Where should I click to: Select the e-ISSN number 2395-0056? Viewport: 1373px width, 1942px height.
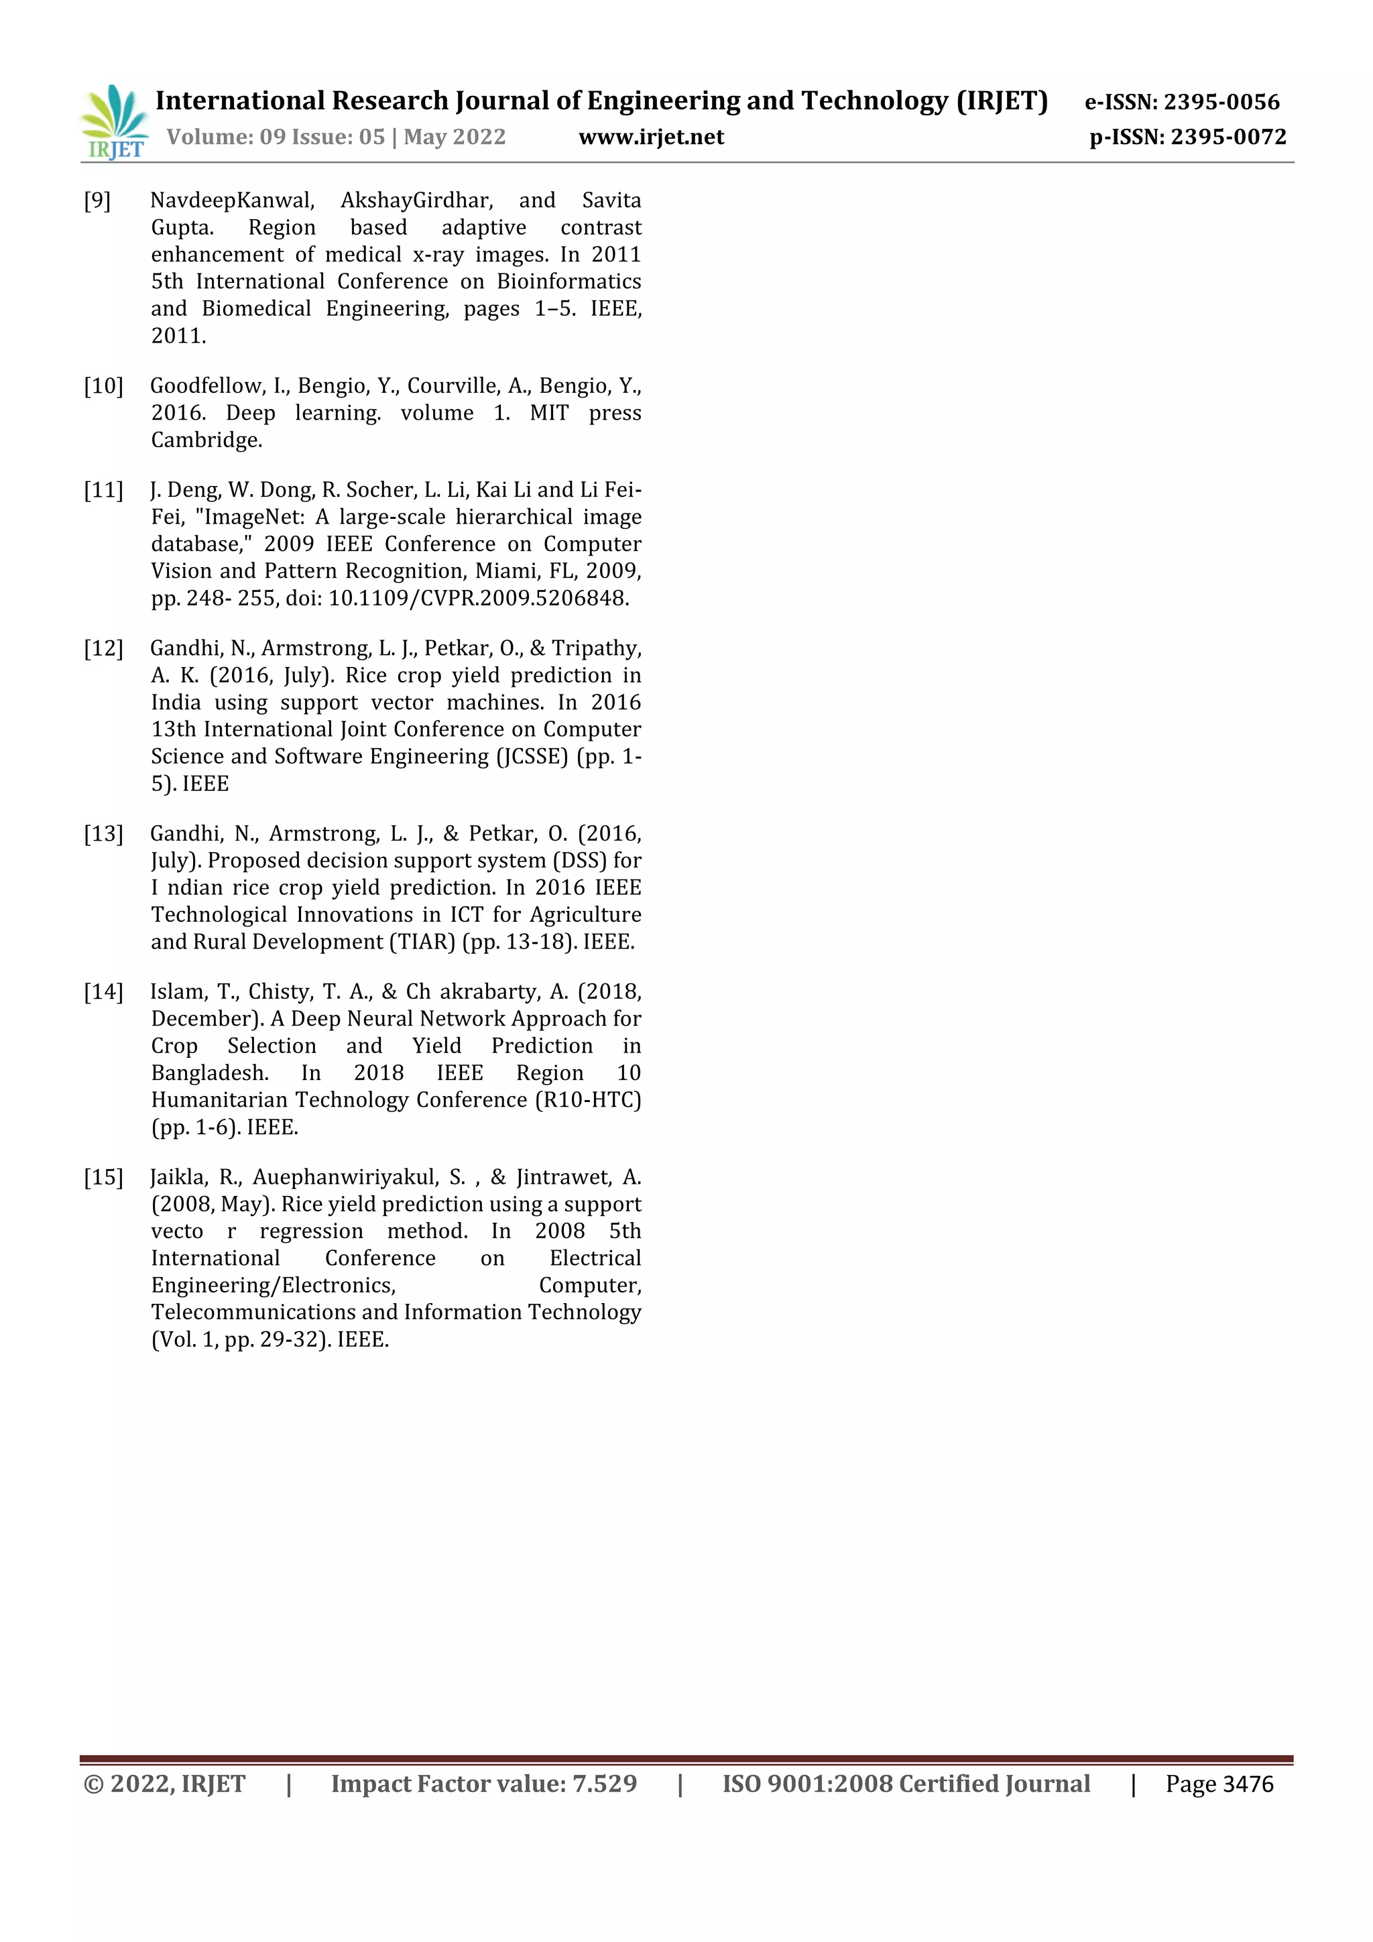coord(1221,103)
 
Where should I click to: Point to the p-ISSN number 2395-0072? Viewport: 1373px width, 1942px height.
coord(1228,137)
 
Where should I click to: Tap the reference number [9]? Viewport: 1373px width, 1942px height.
coord(97,200)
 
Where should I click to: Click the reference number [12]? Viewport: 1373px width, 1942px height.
coord(103,648)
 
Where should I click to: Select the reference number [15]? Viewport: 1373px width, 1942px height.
coord(103,1176)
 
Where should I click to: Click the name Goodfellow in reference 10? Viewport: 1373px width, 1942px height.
coord(206,385)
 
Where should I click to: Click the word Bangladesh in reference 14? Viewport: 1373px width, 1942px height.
coord(210,1073)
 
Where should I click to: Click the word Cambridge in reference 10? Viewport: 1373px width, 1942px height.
coord(206,440)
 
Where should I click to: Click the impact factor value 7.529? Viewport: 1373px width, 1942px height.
coord(604,1784)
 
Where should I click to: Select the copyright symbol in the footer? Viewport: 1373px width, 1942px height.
coord(93,1784)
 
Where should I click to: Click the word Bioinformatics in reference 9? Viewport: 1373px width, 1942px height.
coord(569,282)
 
